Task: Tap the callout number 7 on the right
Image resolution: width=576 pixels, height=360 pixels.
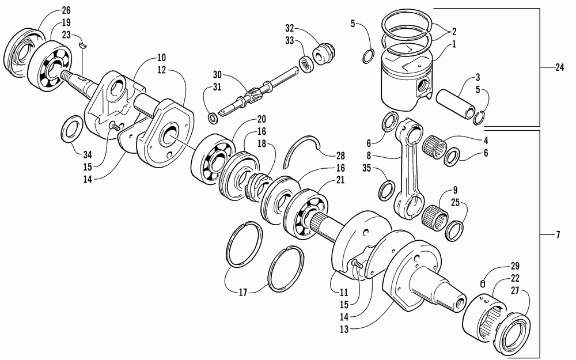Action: pos(558,236)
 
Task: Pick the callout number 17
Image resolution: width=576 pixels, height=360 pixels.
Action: pos(243,293)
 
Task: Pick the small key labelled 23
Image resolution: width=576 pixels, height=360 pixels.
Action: pos(84,42)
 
